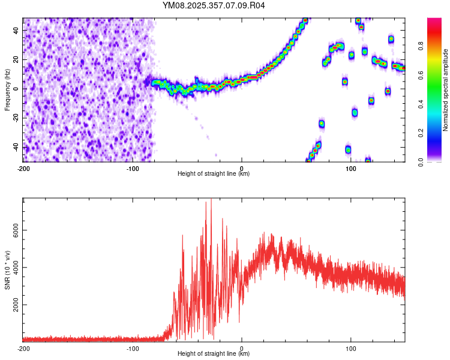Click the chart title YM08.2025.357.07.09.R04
(214, 5)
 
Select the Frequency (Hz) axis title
(7, 89)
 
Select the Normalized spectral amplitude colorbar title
(446, 90)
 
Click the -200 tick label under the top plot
(23, 167)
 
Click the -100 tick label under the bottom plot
(133, 347)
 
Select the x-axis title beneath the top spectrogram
(214, 173)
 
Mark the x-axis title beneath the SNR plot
(214, 353)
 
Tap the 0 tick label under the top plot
(242, 167)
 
